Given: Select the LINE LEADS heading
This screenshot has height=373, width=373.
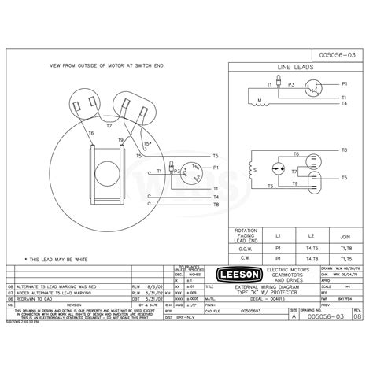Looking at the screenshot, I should pos(298,68).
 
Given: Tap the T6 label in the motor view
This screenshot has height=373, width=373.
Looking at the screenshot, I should pos(91,133).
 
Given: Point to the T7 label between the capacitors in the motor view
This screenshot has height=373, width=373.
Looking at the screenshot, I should pos(109,124).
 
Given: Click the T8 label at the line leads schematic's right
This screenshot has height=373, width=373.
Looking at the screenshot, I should pos(344,150).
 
